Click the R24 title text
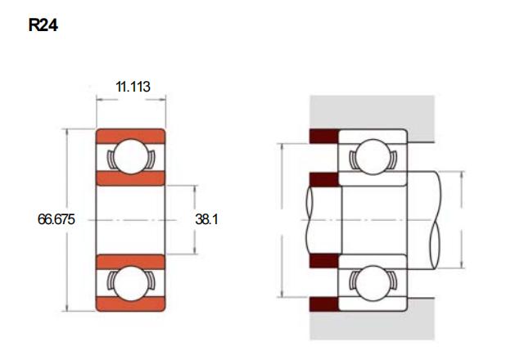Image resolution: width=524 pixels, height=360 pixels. [43, 25]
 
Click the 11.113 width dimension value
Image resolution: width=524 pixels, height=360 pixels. [133, 87]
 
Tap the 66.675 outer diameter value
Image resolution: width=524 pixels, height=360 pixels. [56, 219]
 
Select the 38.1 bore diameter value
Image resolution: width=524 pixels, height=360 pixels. [206, 219]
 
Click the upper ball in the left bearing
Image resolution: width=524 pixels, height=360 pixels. [131, 156]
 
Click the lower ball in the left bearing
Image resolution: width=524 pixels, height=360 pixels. [131, 283]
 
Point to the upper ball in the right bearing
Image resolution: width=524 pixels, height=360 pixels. [373, 156]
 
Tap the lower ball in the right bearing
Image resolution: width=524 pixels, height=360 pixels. [373, 283]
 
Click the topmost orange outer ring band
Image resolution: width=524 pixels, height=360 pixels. [131, 137]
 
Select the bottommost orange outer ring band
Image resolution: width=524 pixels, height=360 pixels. [131, 304]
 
